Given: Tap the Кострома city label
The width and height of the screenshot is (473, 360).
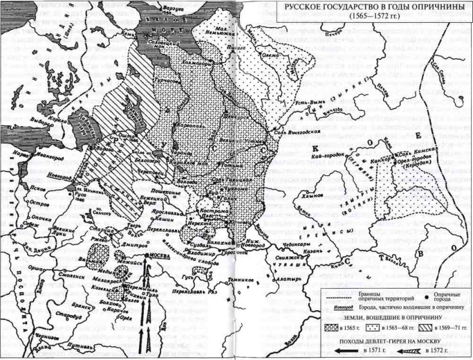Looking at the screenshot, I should (206, 211).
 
